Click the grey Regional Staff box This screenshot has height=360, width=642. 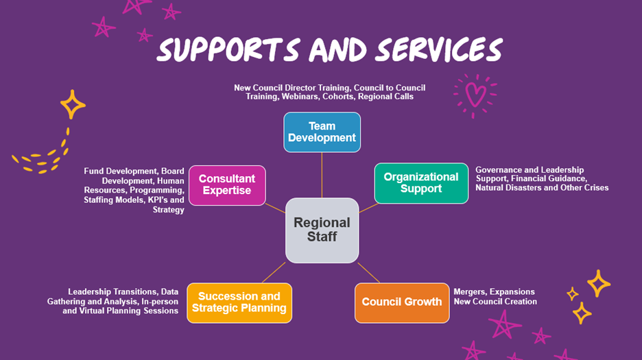click(322, 230)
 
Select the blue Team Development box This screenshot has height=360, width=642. click(322, 132)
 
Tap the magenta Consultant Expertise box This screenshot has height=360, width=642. click(226, 184)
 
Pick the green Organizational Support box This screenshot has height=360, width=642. click(421, 183)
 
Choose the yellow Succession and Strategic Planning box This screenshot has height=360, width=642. click(239, 302)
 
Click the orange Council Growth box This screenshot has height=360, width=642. click(401, 302)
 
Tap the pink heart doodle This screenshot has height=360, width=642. click(475, 93)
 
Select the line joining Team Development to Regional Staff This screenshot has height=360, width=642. click(322, 175)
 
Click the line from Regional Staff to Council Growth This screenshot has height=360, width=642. click(368, 273)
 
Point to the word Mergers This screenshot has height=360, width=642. click(469, 292)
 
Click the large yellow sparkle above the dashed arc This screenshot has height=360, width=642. click(72, 104)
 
